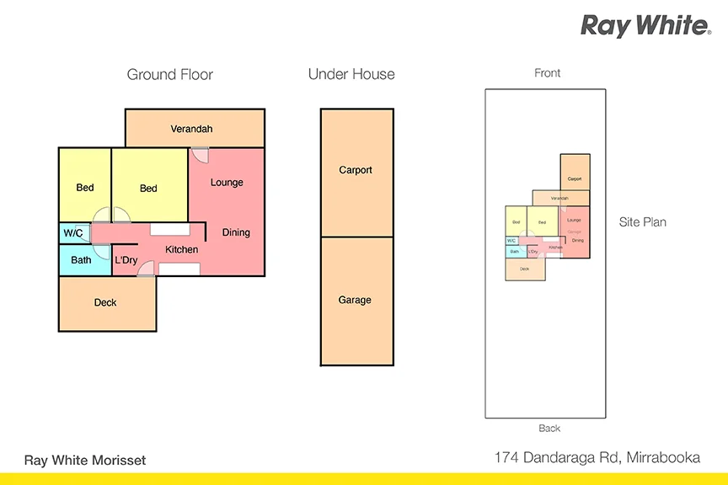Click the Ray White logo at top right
(x=645, y=25)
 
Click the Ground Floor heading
(x=169, y=74)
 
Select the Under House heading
(x=351, y=74)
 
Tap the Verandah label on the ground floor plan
(x=192, y=129)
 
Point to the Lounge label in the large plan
(x=227, y=182)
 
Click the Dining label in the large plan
(x=236, y=232)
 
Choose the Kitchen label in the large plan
(x=181, y=249)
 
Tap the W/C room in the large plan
(x=73, y=233)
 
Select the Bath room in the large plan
(x=81, y=260)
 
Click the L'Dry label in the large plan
(x=126, y=260)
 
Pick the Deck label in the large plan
(x=105, y=302)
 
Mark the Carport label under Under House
(x=356, y=170)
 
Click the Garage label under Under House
(x=355, y=300)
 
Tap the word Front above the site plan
(x=548, y=73)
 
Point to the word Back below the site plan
(x=549, y=429)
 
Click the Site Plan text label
(x=643, y=222)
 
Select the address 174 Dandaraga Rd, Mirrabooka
(x=597, y=458)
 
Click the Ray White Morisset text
(x=85, y=460)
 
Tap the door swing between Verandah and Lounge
(x=200, y=155)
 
